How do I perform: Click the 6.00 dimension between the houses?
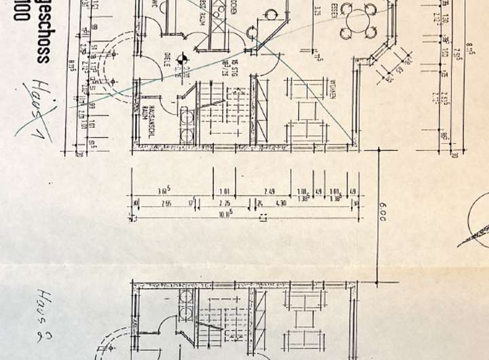(x=383, y=215)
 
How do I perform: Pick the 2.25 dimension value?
(x=223, y=202)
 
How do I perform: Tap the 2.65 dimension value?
(x=165, y=202)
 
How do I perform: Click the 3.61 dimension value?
(x=162, y=191)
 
